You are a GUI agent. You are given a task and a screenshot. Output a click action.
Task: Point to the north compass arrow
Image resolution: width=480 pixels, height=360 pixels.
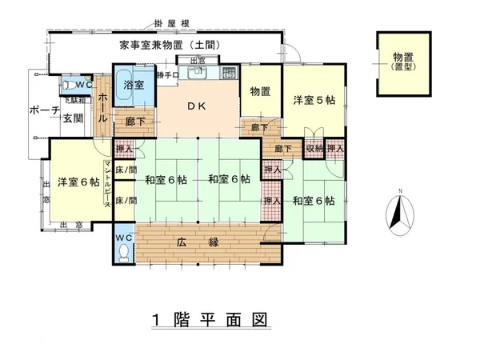(397, 213)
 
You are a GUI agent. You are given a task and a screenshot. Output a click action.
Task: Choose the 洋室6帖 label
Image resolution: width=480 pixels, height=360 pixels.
(78, 182)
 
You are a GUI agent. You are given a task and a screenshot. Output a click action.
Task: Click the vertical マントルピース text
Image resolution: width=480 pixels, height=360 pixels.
(106, 185)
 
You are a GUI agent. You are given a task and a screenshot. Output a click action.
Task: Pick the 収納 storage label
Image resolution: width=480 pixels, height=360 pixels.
(314, 148)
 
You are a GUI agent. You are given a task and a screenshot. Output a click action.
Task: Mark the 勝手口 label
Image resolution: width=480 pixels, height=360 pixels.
(168, 75)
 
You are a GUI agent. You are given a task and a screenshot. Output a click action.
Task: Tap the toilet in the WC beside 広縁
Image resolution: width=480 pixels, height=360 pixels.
(123, 253)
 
